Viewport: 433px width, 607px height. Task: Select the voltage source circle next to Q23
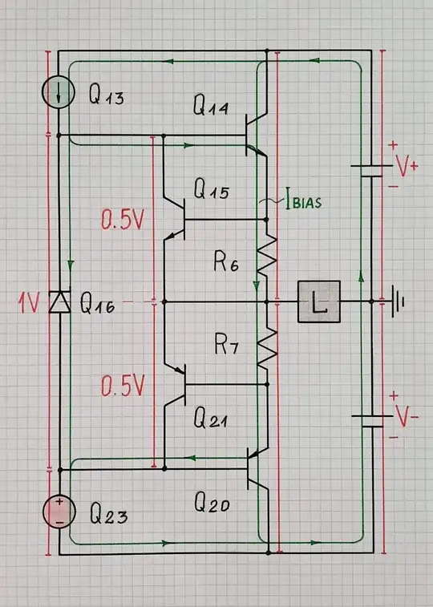pos(59,512)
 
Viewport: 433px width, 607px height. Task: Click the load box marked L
pos(318,302)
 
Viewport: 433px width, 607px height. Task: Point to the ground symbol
pos(396,302)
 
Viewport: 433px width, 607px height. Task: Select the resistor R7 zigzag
pos(265,349)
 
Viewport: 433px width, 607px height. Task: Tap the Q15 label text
pos(211,192)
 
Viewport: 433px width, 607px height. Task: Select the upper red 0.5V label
pos(122,220)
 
